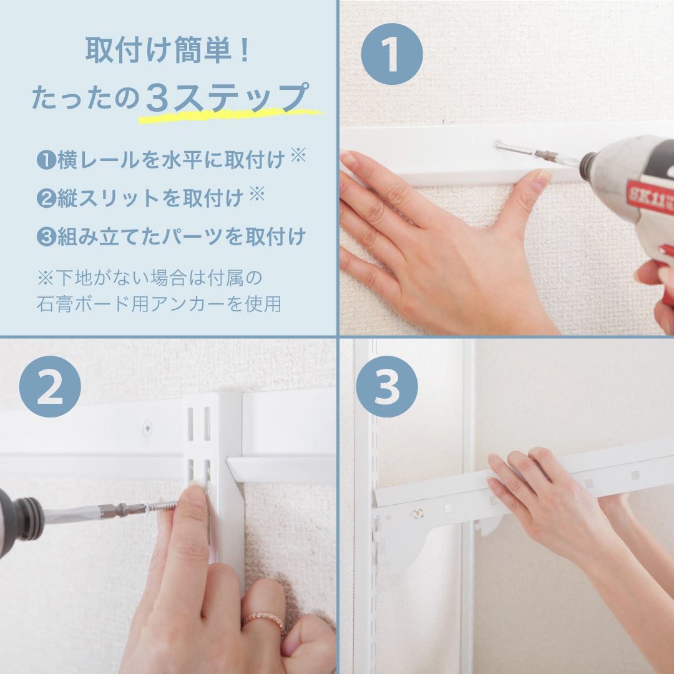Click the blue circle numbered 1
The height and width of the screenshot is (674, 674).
pos(392,54)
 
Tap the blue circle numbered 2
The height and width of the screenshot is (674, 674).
pos(50,387)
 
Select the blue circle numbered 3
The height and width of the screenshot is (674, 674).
pos(387,387)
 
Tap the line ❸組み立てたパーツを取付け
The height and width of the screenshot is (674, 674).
pos(171,237)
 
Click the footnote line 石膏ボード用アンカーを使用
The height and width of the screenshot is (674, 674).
pos(159,304)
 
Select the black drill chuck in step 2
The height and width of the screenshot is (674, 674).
pos(22,518)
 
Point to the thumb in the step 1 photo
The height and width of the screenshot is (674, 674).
pos(530,193)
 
